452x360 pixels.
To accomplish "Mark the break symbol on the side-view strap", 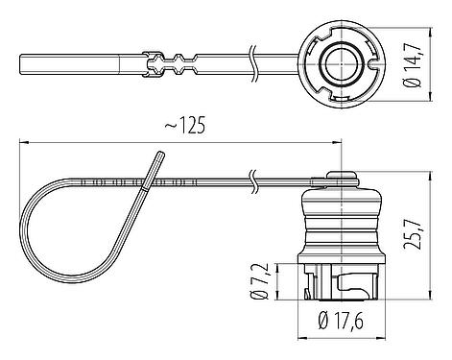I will [251, 179].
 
